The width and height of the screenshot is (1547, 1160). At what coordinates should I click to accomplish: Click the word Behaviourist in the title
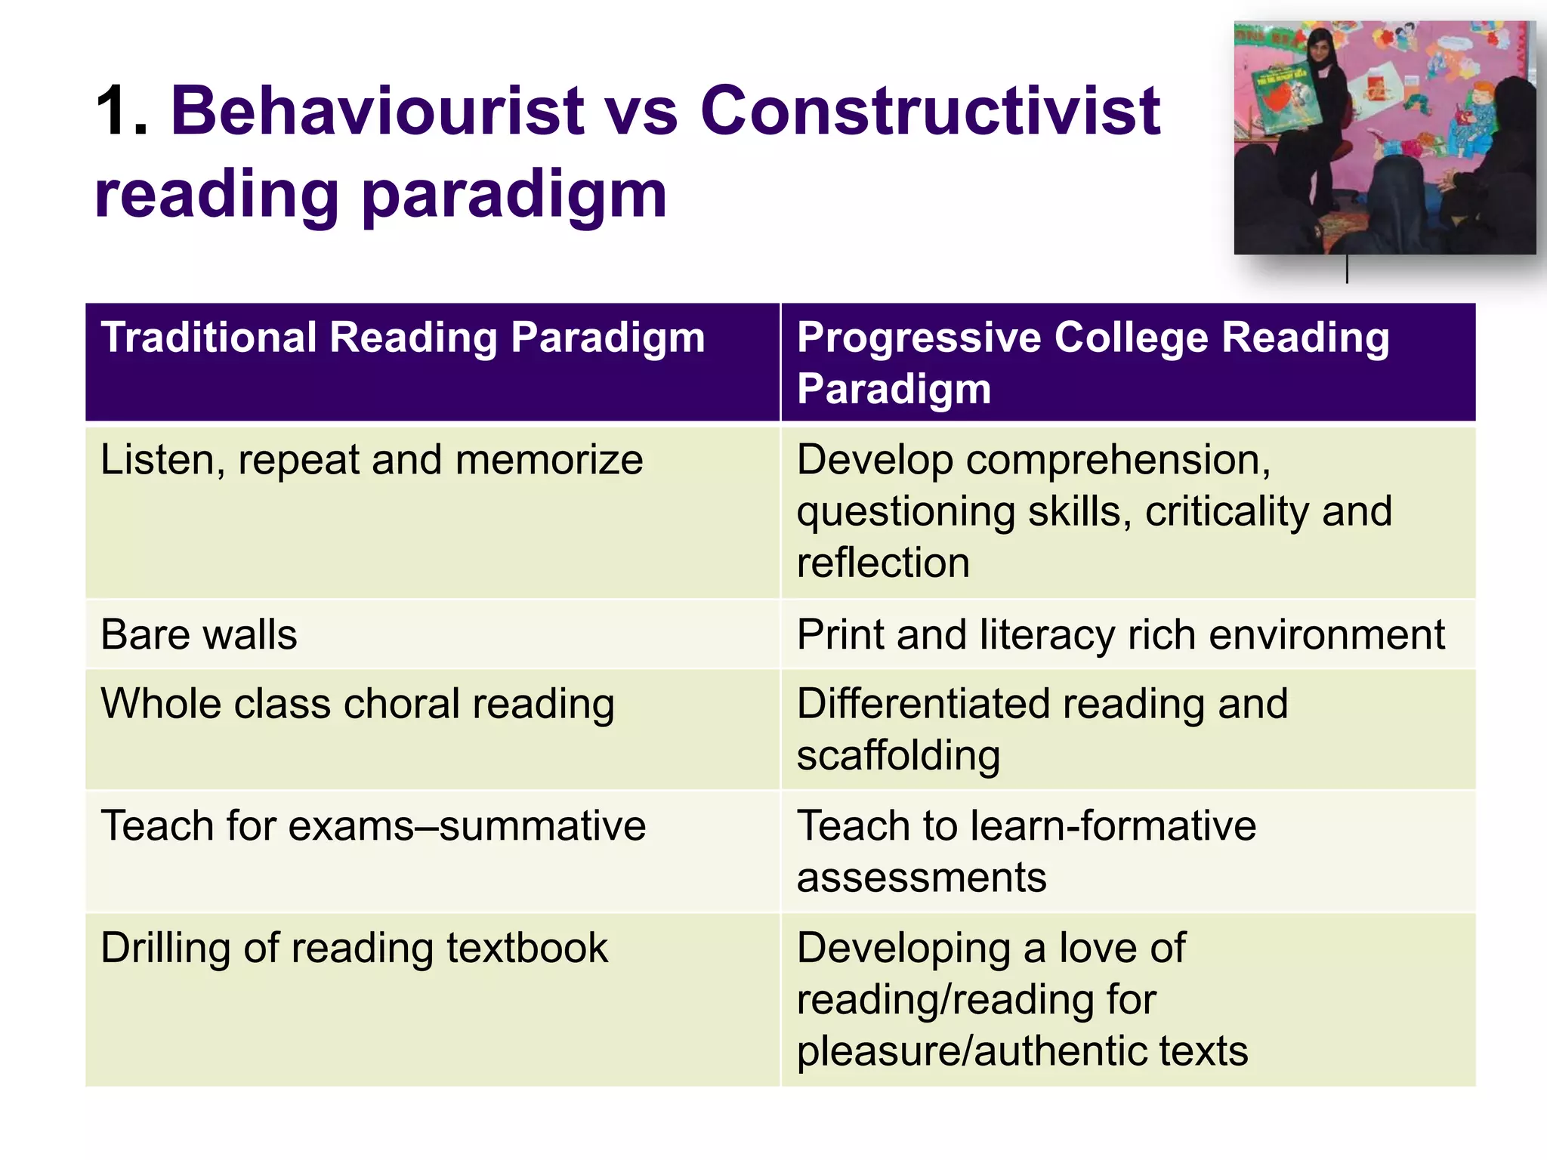tap(378, 111)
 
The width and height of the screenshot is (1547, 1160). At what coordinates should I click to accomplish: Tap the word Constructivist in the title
tap(930, 111)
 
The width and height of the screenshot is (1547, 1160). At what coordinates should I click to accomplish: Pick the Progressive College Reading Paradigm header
tap(1092, 362)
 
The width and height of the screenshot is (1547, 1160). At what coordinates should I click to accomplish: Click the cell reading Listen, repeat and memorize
tap(372, 460)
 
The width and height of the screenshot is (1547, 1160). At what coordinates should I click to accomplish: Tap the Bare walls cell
tap(199, 634)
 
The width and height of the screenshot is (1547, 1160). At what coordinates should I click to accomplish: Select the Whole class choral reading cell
tap(357, 704)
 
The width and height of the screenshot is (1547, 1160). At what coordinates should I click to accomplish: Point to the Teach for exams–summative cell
tap(373, 825)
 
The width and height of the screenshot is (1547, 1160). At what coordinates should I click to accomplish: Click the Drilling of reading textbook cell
tap(354, 948)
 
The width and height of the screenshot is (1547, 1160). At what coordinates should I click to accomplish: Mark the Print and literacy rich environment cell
tap(1120, 634)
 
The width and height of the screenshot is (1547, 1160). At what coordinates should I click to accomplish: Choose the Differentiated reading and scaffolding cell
tap(1042, 729)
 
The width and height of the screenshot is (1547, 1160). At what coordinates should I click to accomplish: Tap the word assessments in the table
tap(922, 878)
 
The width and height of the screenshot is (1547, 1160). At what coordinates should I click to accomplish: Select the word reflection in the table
tap(883, 563)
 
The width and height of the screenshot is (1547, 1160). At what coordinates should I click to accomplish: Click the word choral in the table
tap(401, 704)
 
